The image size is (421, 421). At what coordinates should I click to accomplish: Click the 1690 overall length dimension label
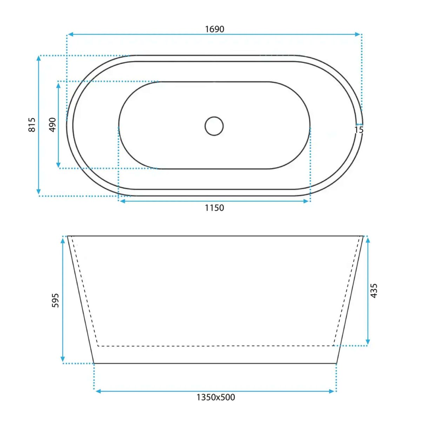pyautogui.click(x=215, y=29)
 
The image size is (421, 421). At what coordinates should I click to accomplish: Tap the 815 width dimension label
pyautogui.click(x=32, y=125)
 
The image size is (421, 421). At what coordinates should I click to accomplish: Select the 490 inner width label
pyautogui.click(x=52, y=125)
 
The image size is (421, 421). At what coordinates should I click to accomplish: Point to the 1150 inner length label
pyautogui.click(x=214, y=208)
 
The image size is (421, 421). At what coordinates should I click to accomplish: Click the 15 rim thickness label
pyautogui.click(x=359, y=130)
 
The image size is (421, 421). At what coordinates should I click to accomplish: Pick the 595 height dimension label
pyautogui.click(x=55, y=300)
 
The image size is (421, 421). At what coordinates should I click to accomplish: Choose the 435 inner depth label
pyautogui.click(x=374, y=291)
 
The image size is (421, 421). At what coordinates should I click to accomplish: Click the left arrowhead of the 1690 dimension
pyautogui.click(x=71, y=34)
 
